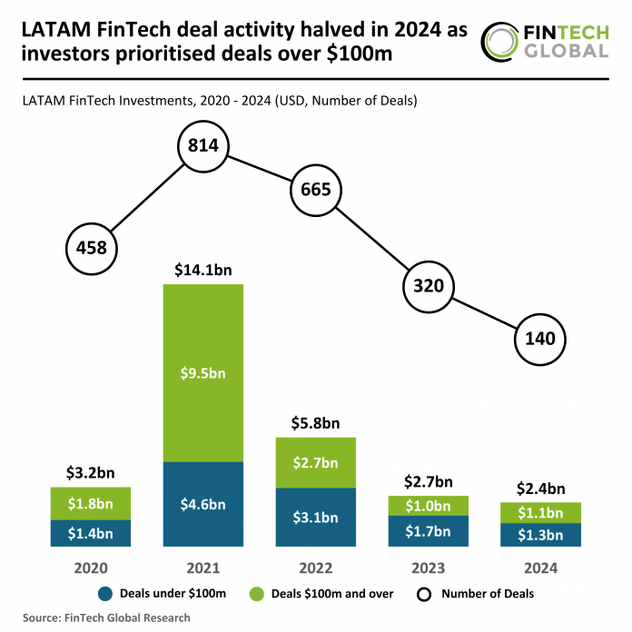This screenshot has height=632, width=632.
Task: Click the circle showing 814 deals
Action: point(204,145)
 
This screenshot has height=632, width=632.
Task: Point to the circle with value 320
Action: point(428,285)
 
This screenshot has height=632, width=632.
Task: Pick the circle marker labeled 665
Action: point(316,191)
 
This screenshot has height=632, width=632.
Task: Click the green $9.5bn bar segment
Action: point(204,372)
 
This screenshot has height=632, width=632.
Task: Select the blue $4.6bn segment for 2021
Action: point(204,504)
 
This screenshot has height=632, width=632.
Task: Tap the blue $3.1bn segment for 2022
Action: point(316,518)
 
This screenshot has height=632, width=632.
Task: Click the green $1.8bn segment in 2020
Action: point(92,503)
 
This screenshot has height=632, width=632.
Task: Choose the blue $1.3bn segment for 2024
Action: point(540,535)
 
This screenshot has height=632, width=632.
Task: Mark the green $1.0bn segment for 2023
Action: point(428,506)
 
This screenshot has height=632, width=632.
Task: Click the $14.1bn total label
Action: point(204,270)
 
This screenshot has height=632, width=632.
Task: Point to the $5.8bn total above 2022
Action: point(316,423)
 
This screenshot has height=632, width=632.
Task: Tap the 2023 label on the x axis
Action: point(428,568)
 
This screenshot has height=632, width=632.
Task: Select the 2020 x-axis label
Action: point(92,568)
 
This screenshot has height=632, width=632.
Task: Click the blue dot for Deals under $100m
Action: point(104,595)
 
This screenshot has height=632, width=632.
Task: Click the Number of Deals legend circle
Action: point(423,595)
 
